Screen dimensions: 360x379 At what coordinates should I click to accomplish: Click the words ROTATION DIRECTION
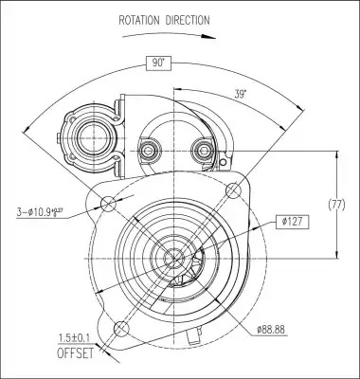point(164,20)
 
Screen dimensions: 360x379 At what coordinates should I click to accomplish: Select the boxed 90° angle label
point(158,63)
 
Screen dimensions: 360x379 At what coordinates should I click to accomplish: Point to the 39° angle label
point(241,94)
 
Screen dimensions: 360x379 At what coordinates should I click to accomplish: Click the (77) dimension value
point(337,206)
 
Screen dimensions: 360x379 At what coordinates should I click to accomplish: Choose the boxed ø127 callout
point(292,222)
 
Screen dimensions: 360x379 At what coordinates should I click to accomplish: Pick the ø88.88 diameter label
point(271,330)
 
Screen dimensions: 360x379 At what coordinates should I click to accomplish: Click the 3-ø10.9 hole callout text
point(40,212)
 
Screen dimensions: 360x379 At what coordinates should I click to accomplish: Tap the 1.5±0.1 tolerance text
point(74,338)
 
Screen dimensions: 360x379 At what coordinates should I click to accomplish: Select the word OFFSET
point(76,352)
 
